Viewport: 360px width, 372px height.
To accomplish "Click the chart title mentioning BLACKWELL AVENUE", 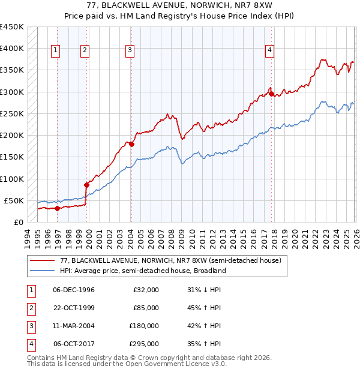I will pyautogui.click(x=180, y=6).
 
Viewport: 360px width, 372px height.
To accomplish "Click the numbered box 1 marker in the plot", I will pyautogui.click(x=55, y=50).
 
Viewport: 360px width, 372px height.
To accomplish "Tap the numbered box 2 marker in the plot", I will pyautogui.click(x=85, y=50).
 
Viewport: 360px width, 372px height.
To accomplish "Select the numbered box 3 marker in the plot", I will pyautogui.click(x=130, y=50).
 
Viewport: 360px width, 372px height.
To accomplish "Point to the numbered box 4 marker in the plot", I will pyautogui.click(x=270, y=50).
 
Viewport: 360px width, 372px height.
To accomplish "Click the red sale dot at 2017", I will pyautogui.click(x=272, y=94).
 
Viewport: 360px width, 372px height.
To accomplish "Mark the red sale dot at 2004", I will pyautogui.click(x=131, y=144).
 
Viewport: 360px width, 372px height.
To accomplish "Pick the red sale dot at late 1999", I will pyautogui.click(x=86, y=185).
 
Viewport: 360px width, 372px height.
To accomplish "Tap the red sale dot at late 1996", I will pyautogui.click(x=58, y=208).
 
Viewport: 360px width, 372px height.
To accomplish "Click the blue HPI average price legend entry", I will pyautogui.click(x=142, y=271).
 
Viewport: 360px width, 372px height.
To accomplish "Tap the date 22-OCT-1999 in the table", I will pyautogui.click(x=74, y=308).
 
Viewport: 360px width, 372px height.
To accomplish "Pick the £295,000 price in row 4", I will pyautogui.click(x=146, y=344).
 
